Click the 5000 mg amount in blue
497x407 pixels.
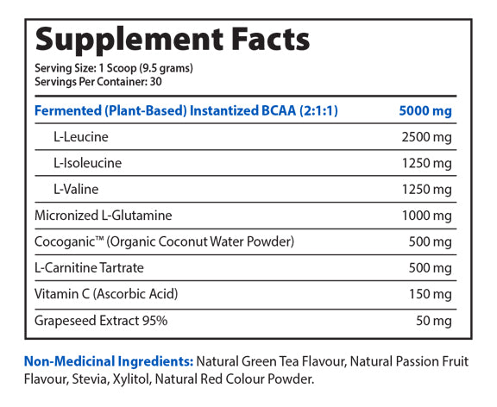tap(425, 110)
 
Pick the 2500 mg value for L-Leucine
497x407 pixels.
tap(426, 137)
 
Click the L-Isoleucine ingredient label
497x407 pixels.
tap(86, 163)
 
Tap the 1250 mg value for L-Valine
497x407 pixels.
tap(426, 189)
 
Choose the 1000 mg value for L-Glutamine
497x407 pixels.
tap(426, 216)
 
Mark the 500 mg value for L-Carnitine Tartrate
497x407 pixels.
tap(431, 268)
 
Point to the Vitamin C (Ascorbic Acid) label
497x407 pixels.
tap(106, 294)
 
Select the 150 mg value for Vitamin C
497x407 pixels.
tap(431, 294)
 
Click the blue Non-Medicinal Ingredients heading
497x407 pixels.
tap(109, 360)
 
